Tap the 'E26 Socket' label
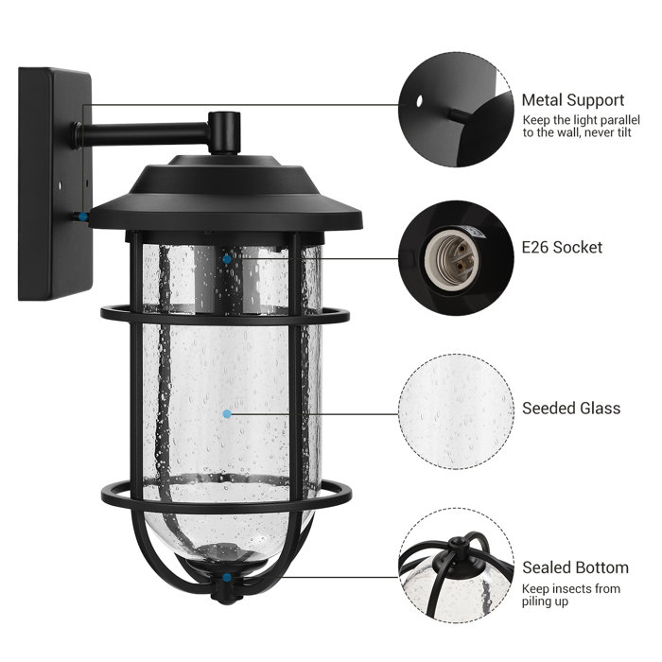[562, 248]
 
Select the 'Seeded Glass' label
[571, 409]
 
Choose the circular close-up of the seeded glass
[456, 409]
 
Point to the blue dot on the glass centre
[227, 413]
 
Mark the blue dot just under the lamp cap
[227, 256]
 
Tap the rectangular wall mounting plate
[53, 180]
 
